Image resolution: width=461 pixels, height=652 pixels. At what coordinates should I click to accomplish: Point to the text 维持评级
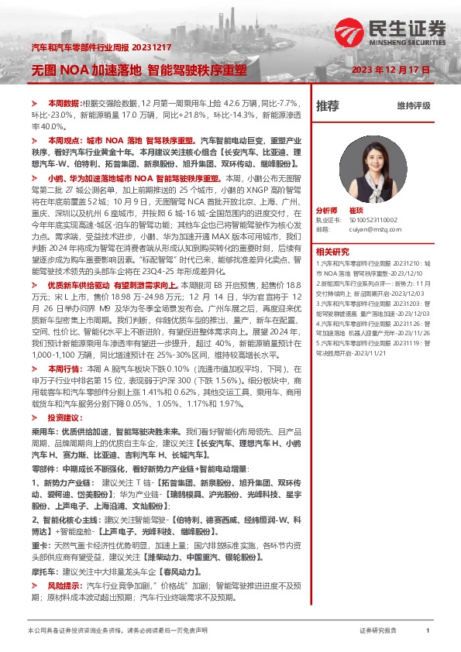click(x=413, y=106)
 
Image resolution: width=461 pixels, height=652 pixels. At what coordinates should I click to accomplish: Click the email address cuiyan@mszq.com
click(x=373, y=229)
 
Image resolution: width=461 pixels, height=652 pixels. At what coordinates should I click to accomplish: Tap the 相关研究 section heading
click(x=332, y=252)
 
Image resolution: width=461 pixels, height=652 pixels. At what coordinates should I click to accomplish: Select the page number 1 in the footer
click(x=428, y=631)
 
